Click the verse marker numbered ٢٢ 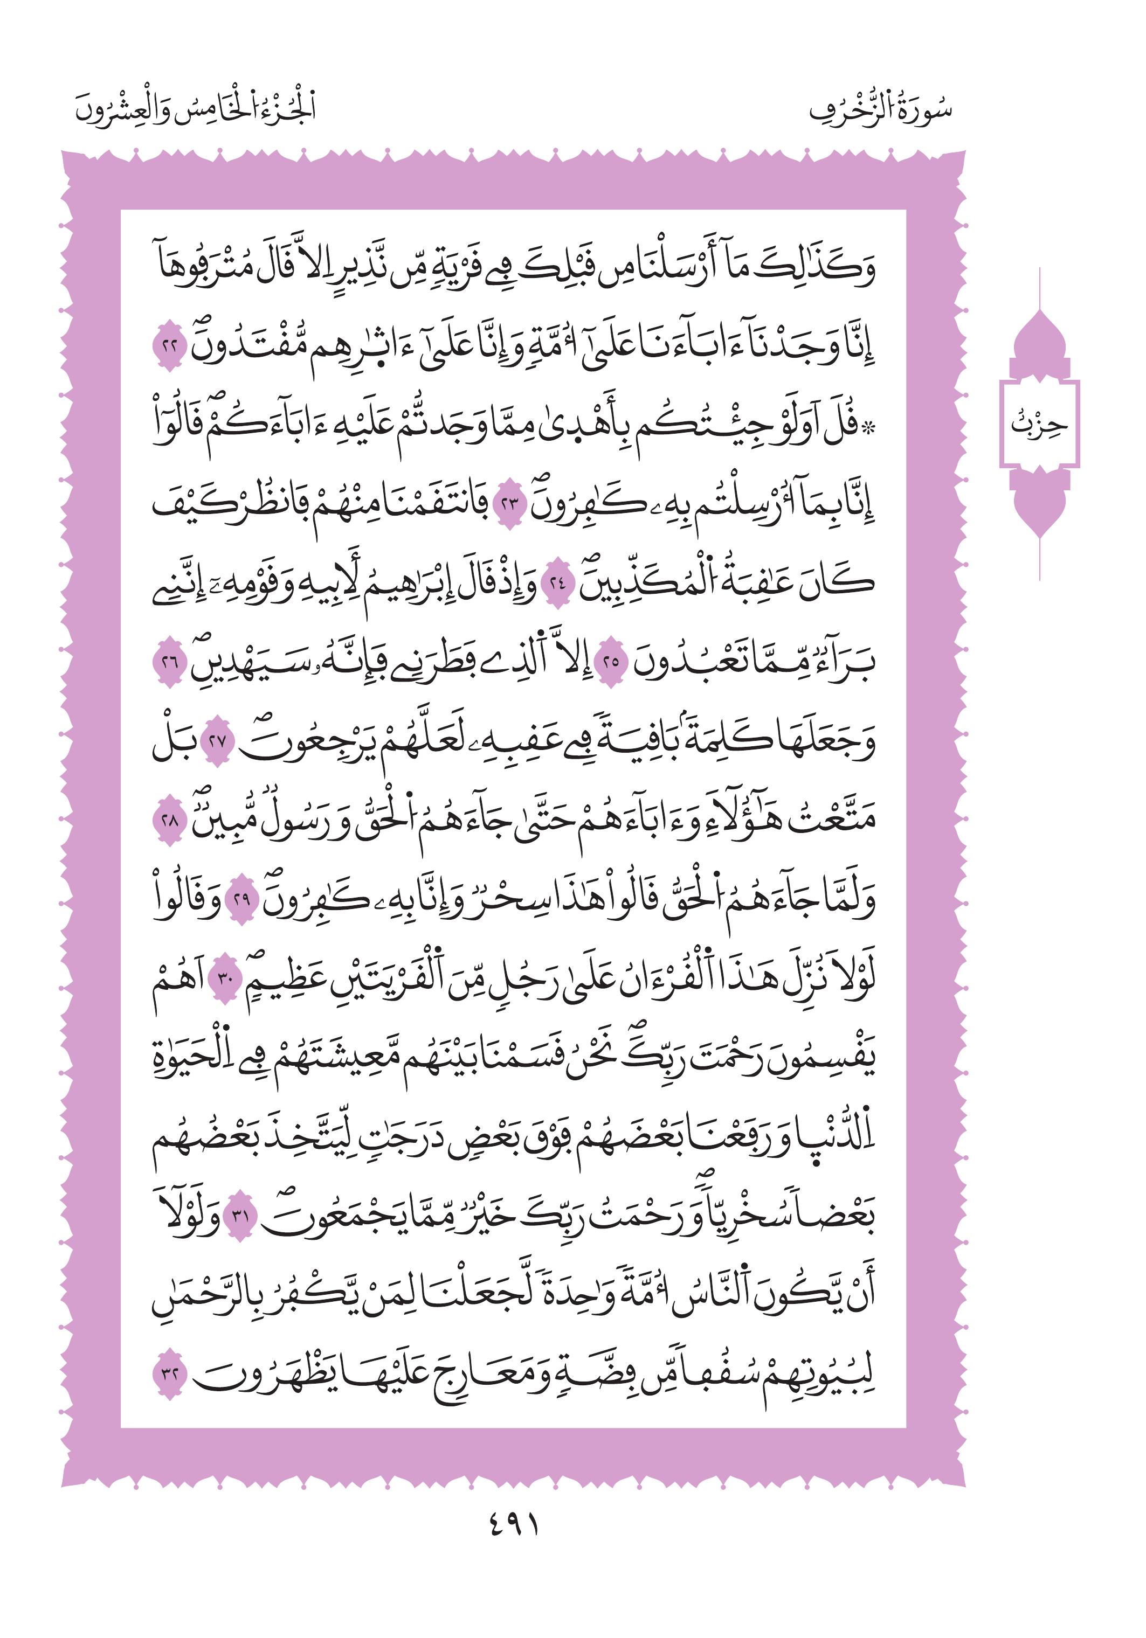[170, 346]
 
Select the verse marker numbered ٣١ [240, 1215]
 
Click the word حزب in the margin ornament [1039, 424]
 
